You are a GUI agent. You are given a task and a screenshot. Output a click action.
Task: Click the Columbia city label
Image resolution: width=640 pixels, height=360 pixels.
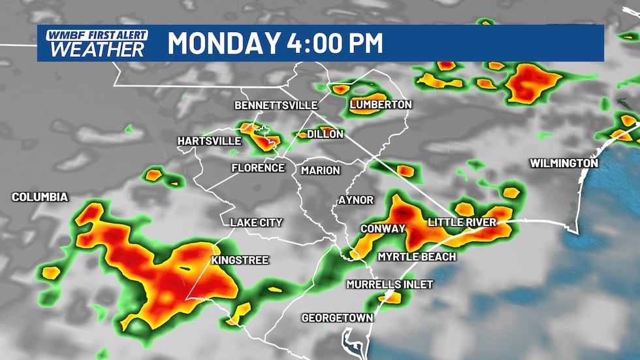(x=40, y=197)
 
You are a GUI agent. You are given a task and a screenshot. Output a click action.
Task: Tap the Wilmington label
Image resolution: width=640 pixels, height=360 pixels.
(x=564, y=163)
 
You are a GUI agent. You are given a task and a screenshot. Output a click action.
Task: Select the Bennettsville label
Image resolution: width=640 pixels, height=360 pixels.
(x=276, y=105)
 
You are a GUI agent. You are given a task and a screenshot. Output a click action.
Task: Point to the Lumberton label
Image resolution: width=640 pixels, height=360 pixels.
(x=381, y=105)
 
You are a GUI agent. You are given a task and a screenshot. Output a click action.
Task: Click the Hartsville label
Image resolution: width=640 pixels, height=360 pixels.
(x=209, y=141)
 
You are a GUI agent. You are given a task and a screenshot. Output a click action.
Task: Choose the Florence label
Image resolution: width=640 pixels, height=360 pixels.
(x=258, y=168)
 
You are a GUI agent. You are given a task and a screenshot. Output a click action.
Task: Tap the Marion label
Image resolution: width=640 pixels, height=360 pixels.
(x=320, y=171)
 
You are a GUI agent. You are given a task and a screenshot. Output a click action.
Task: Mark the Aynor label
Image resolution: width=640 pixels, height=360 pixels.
(x=356, y=200)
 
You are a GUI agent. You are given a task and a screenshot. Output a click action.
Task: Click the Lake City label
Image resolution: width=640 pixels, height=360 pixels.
(x=256, y=223)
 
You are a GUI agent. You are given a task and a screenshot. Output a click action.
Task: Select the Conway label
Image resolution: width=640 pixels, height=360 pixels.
(x=383, y=229)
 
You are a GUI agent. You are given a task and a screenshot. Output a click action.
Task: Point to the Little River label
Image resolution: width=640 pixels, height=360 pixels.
(x=462, y=223)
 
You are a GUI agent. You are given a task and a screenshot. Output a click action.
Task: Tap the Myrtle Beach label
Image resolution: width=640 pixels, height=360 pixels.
(x=417, y=257)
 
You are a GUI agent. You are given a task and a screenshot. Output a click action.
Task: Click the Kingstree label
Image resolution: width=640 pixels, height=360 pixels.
(x=240, y=260)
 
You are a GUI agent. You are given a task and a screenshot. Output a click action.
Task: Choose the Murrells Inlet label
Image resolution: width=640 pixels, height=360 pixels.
(x=380, y=284)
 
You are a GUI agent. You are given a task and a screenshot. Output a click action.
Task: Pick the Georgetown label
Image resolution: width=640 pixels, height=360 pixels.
(x=337, y=318)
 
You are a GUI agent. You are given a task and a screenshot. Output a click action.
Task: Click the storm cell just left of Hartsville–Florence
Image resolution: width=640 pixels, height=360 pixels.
(x=154, y=174)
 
